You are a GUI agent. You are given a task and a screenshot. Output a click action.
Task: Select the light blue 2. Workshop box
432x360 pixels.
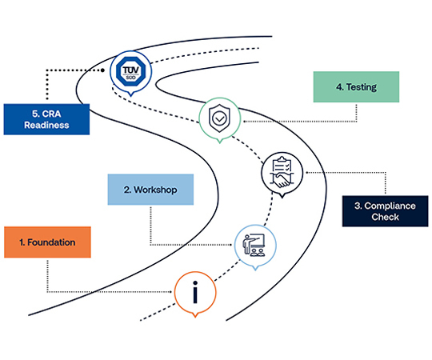point(150,190)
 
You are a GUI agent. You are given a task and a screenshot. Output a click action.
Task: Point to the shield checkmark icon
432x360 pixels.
point(218,118)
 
